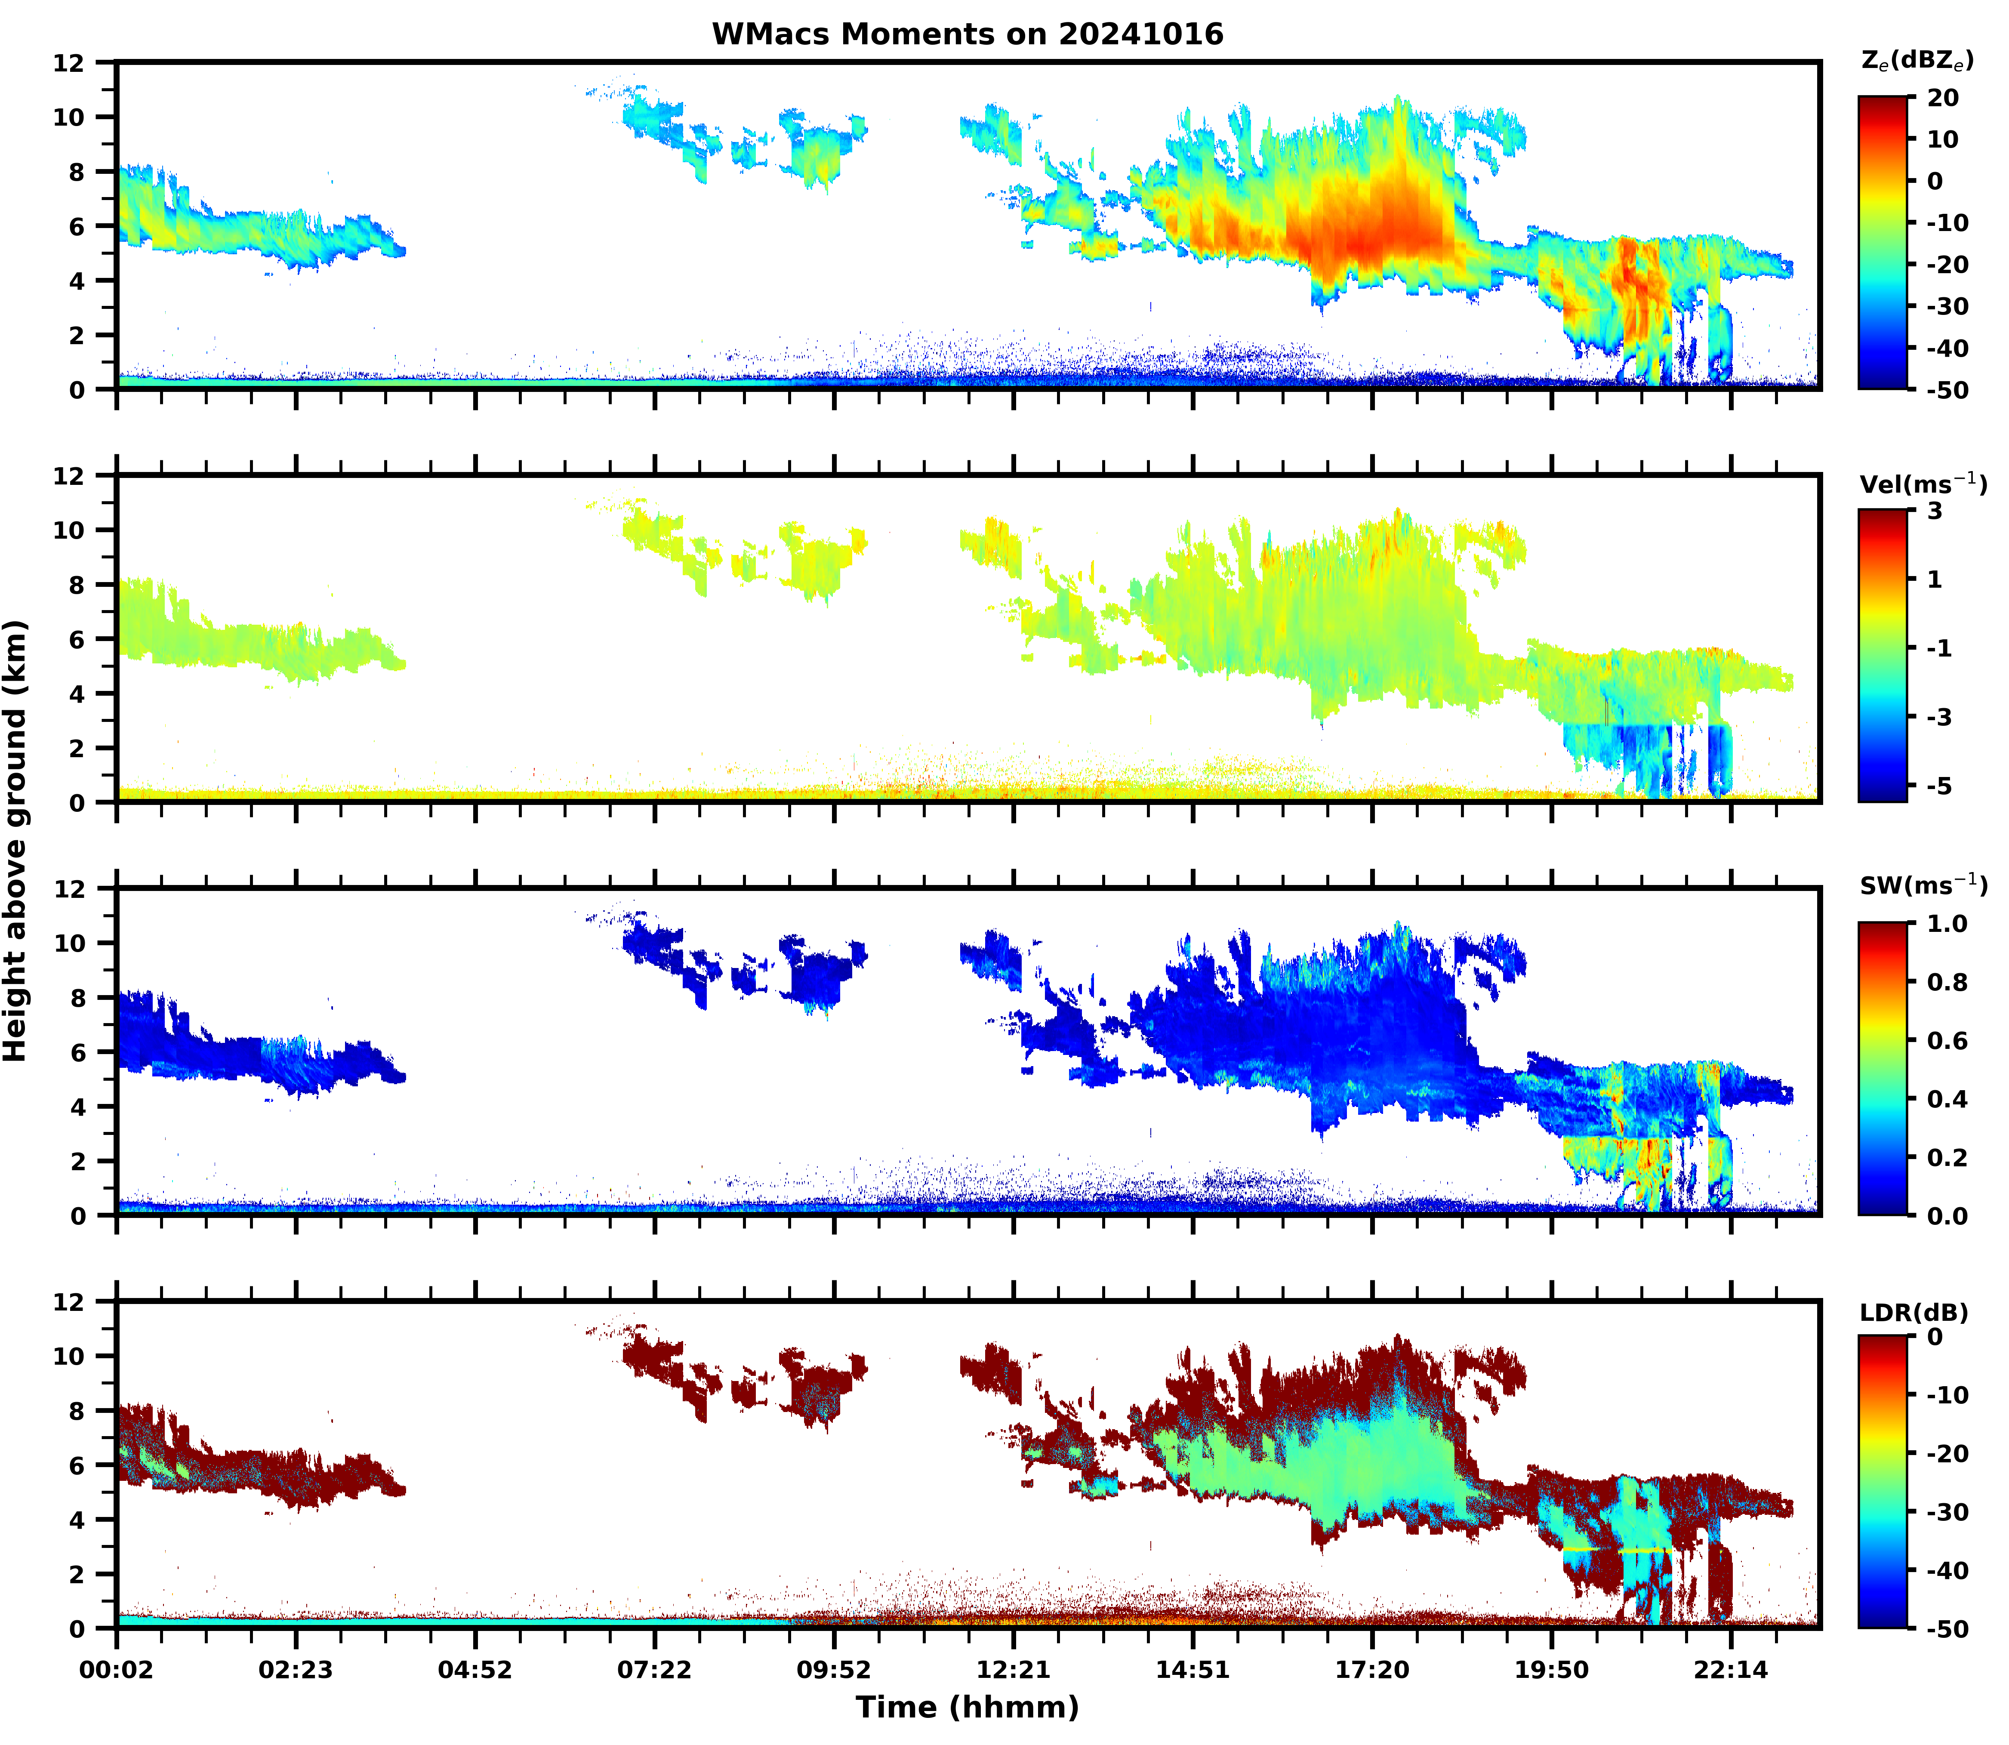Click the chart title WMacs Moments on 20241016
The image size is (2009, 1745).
pos(967,34)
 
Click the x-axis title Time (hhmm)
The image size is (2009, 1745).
pos(967,1707)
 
